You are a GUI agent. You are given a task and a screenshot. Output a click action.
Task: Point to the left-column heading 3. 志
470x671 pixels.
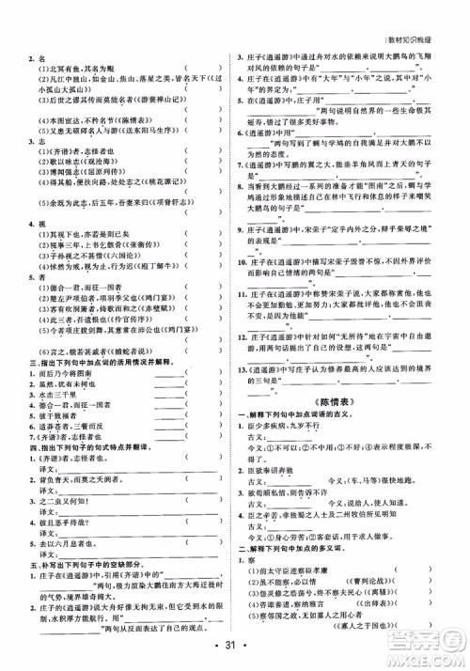(x=39, y=140)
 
